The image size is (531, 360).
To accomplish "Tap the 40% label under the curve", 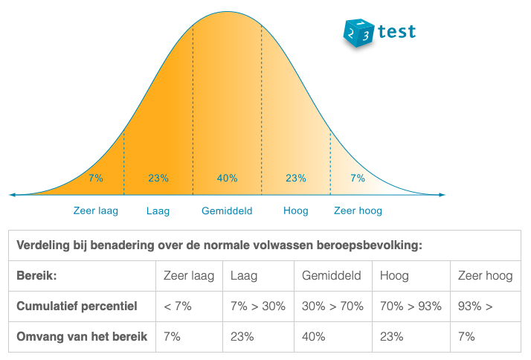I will click(227, 178).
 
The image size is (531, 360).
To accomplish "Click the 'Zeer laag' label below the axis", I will click(96, 210).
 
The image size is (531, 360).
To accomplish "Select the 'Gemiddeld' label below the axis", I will click(227, 210).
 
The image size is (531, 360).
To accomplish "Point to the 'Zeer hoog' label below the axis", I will click(358, 210).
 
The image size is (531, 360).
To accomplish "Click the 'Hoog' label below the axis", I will click(295, 210).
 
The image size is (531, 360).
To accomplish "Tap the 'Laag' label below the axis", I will click(158, 210).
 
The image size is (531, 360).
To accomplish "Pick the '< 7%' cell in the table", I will click(178, 306).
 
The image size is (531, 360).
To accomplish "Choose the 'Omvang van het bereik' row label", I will click(82, 336).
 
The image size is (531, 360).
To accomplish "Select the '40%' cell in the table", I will click(313, 336).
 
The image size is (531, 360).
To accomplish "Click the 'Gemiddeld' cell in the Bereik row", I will click(331, 276).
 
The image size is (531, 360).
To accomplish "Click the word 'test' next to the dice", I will click(396, 32).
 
